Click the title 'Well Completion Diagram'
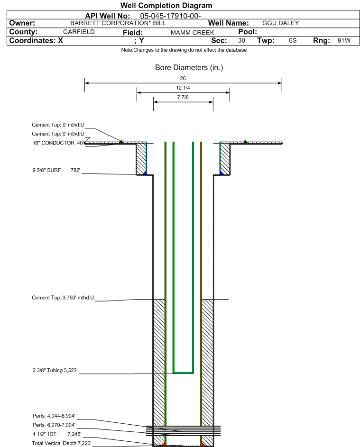[166, 5]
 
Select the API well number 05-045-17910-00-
[170, 16]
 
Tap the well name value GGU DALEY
[281, 23]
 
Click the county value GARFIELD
[79, 32]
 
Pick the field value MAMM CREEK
[192, 33]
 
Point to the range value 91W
[344, 40]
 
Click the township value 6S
[293, 40]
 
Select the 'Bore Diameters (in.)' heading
[189, 68]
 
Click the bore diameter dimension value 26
[183, 78]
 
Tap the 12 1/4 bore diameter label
[183, 88]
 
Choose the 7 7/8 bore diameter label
[183, 97]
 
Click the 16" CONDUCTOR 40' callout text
[58, 143]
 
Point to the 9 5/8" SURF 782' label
[56, 170]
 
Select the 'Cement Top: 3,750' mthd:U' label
[63, 298]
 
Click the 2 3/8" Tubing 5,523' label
[55, 370]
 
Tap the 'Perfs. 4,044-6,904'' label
[54, 416]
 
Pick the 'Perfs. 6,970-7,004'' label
[54, 425]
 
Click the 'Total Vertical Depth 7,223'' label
[62, 443]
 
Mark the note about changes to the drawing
[184, 50]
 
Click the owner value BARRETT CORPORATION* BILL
[118, 23]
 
